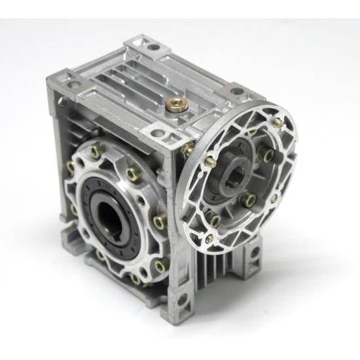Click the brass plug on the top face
176,103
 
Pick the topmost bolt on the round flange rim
278,122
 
